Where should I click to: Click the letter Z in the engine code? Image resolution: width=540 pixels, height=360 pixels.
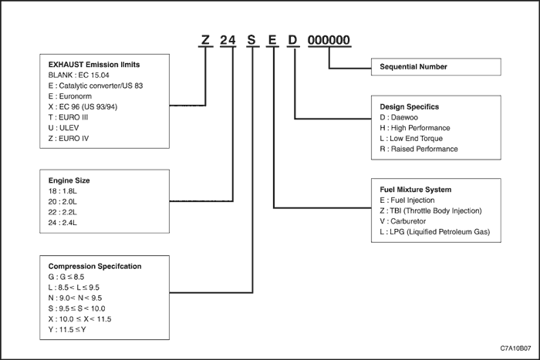pyautogui.click(x=205, y=40)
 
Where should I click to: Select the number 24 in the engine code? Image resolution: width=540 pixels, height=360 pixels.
pyautogui.click(x=228, y=40)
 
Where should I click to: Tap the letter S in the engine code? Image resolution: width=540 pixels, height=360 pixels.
pyautogui.click(x=251, y=40)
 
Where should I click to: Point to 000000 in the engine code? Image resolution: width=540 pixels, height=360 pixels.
pyautogui.click(x=329, y=40)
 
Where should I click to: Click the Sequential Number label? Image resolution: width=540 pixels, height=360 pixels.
pyautogui.click(x=413, y=67)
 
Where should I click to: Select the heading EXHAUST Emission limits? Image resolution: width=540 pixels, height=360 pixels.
pyautogui.click(x=94, y=65)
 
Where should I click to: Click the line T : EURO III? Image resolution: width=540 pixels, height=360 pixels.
pyautogui.click(x=68, y=117)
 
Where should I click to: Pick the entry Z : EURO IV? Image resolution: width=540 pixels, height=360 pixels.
pyautogui.click(x=69, y=138)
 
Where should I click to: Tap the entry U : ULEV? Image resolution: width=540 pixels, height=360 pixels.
pyautogui.click(x=64, y=128)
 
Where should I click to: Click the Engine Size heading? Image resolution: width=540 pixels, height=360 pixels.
pyautogui.click(x=69, y=180)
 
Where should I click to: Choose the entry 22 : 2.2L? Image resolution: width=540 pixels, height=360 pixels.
pyautogui.click(x=62, y=212)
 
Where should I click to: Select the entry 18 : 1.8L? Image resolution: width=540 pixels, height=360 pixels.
pyautogui.click(x=62, y=191)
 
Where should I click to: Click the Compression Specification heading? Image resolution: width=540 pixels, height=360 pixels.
pyautogui.click(x=95, y=267)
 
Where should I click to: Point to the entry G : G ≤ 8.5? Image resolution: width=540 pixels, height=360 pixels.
pyautogui.click(x=66, y=277)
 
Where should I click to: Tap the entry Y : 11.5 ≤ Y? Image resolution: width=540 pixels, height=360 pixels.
pyautogui.click(x=67, y=329)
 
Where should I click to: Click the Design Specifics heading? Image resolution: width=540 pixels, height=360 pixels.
pyautogui.click(x=410, y=106)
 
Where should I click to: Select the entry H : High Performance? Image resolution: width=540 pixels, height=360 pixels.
pyautogui.click(x=415, y=128)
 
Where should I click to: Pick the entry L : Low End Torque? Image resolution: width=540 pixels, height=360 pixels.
pyautogui.click(x=411, y=138)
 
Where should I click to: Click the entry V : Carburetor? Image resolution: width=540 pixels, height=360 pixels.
pyautogui.click(x=403, y=221)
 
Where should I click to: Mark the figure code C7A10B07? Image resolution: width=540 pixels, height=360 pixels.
pyautogui.click(x=515, y=348)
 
